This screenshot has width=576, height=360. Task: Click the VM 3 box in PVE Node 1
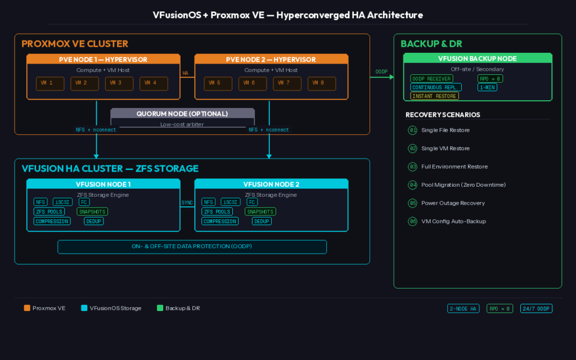[x=119, y=83]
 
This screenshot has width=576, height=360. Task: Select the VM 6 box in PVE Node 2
[x=253, y=83]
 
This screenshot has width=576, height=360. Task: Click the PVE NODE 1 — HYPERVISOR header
[x=103, y=60]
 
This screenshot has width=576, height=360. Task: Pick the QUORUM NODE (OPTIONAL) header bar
[x=182, y=114]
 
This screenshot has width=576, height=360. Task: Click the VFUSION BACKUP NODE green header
[x=478, y=58]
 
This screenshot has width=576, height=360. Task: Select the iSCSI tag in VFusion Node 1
[x=62, y=202]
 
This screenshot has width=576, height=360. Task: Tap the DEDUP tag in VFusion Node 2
[x=262, y=221]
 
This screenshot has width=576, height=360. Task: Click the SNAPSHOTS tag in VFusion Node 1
[x=92, y=211]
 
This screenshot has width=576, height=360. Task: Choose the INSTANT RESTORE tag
[x=435, y=96]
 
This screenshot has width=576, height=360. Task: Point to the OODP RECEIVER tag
[x=431, y=79]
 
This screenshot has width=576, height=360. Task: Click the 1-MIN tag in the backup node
[x=487, y=87]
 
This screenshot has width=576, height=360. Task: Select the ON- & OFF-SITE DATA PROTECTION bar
[x=192, y=247]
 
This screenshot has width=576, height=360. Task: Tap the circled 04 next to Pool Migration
[x=413, y=184]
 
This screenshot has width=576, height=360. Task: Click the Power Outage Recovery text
[x=453, y=203]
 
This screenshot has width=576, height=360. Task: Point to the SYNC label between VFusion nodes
[x=187, y=202]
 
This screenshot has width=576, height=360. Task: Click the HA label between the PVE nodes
[x=185, y=73]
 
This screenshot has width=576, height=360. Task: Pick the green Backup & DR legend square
[x=160, y=308]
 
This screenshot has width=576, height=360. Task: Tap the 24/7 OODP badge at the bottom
[x=536, y=308]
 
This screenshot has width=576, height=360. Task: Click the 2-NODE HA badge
[x=463, y=308]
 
